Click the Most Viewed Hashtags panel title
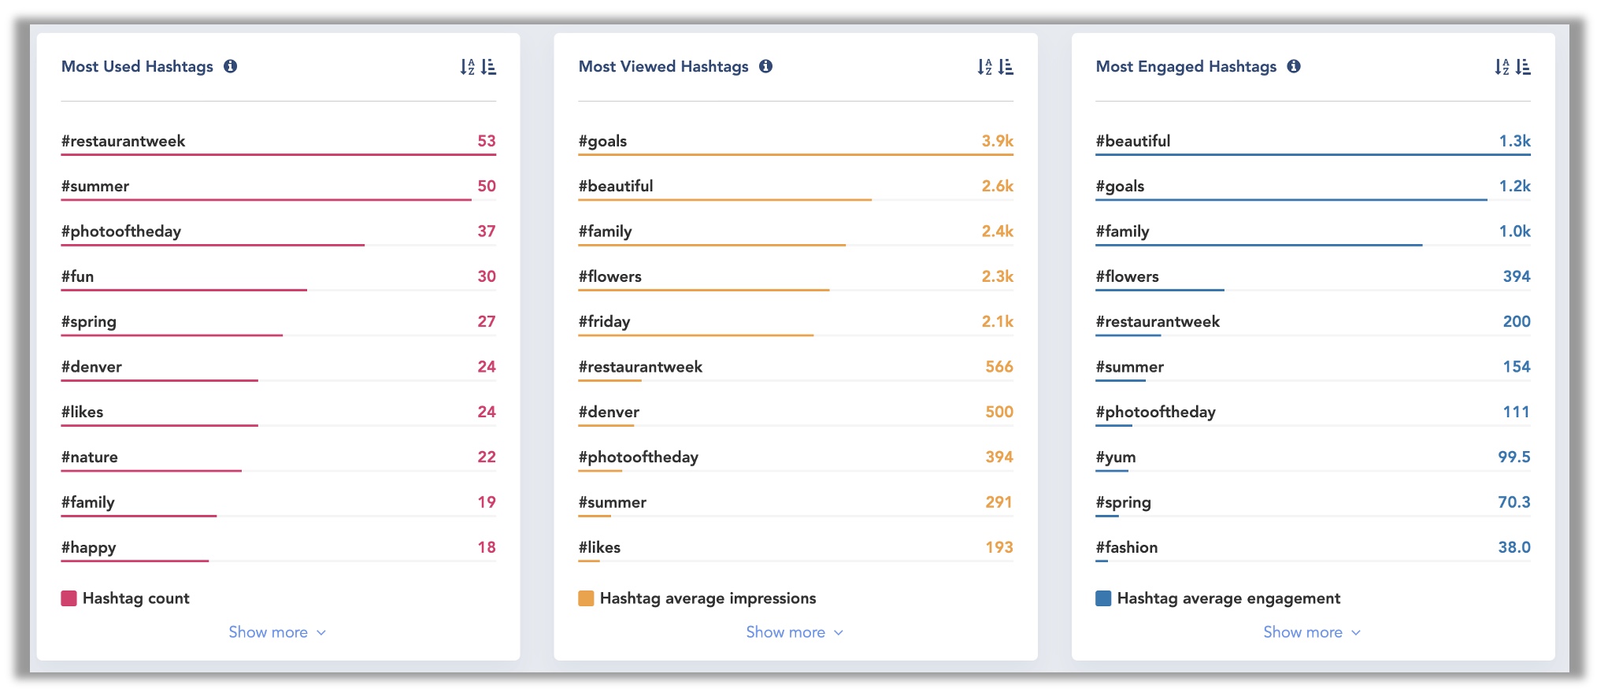click(x=663, y=67)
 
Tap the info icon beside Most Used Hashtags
click(x=231, y=66)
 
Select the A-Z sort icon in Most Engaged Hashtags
click(x=1502, y=67)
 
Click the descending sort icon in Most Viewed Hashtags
click(x=1006, y=67)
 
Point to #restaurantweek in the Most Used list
click(x=124, y=142)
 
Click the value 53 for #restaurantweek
click(x=486, y=142)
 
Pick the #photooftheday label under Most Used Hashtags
click(x=121, y=231)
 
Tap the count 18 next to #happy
click(x=486, y=548)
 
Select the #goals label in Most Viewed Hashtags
click(x=602, y=142)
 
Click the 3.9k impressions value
click(x=997, y=142)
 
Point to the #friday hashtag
click(x=604, y=322)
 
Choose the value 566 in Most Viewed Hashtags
click(x=999, y=367)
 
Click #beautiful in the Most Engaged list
click(x=1132, y=142)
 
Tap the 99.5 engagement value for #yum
click(x=1514, y=457)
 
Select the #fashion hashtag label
click(x=1126, y=548)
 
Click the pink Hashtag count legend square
click(x=69, y=598)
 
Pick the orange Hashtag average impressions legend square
click(x=586, y=598)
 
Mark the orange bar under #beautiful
click(x=724, y=200)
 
